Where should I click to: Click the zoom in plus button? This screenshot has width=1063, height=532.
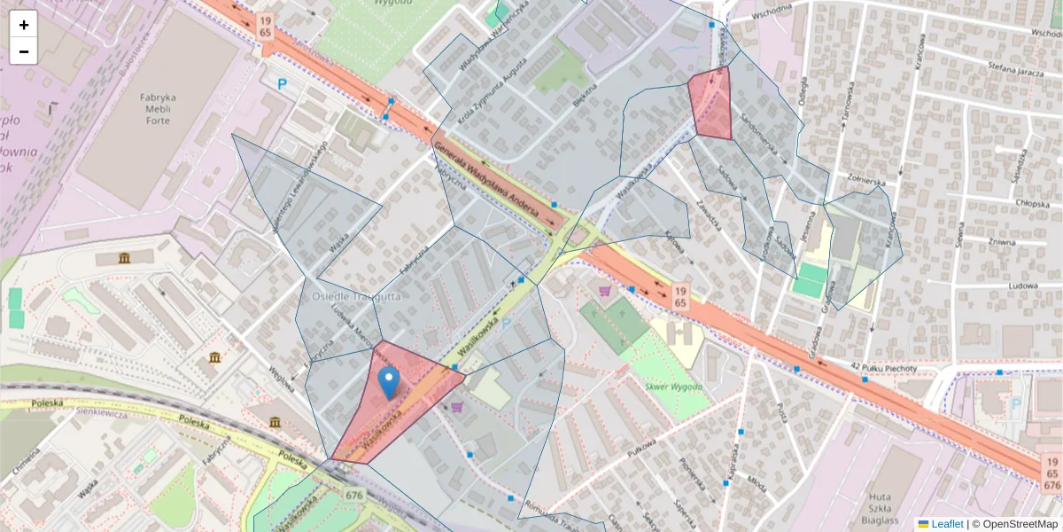tap(24, 25)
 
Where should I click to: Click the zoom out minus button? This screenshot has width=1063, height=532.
tap(24, 51)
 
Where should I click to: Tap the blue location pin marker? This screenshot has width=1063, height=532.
tap(388, 382)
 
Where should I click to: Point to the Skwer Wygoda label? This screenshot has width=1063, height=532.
tap(674, 387)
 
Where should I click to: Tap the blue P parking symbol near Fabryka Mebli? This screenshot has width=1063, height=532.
tap(283, 84)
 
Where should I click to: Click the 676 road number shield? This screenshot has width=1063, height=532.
tap(355, 495)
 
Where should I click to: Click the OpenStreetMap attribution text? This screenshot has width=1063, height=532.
tap(1014, 524)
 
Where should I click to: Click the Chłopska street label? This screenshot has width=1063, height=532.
tap(1008, 202)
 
